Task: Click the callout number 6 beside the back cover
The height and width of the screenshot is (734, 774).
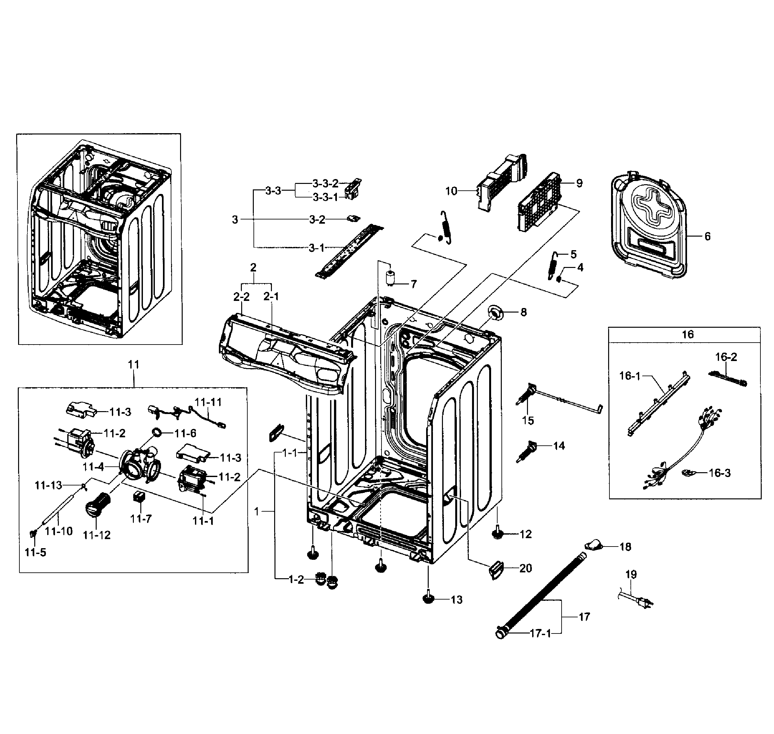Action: (x=707, y=236)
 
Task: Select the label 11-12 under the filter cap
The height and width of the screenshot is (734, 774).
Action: (x=97, y=535)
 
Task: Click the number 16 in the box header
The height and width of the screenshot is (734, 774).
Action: (x=688, y=335)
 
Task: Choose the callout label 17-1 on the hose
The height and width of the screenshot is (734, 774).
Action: (x=540, y=633)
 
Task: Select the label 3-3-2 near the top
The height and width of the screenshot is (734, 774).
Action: (x=325, y=183)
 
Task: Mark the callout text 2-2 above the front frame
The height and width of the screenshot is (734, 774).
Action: (x=242, y=297)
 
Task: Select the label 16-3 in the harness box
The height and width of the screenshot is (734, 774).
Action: (x=720, y=473)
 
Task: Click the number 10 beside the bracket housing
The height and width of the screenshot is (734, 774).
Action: (x=451, y=191)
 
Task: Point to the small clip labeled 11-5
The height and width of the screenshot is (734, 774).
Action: (x=34, y=533)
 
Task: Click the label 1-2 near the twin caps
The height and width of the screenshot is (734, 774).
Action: (x=296, y=580)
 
